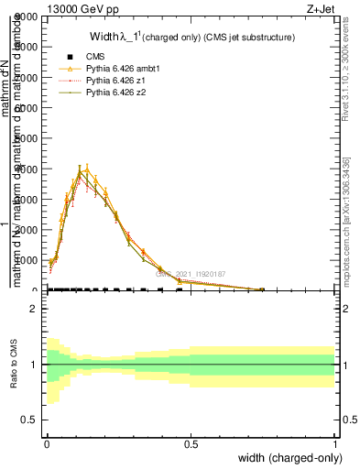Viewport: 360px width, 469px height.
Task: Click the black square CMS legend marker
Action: tap(71, 58)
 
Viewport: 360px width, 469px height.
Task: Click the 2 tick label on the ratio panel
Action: tap(35, 309)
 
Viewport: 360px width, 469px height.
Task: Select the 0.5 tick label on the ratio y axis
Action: tap(31, 420)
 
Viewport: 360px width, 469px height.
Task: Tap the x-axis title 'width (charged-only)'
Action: tap(290, 459)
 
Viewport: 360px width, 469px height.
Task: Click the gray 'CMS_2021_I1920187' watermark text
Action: tap(191, 273)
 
